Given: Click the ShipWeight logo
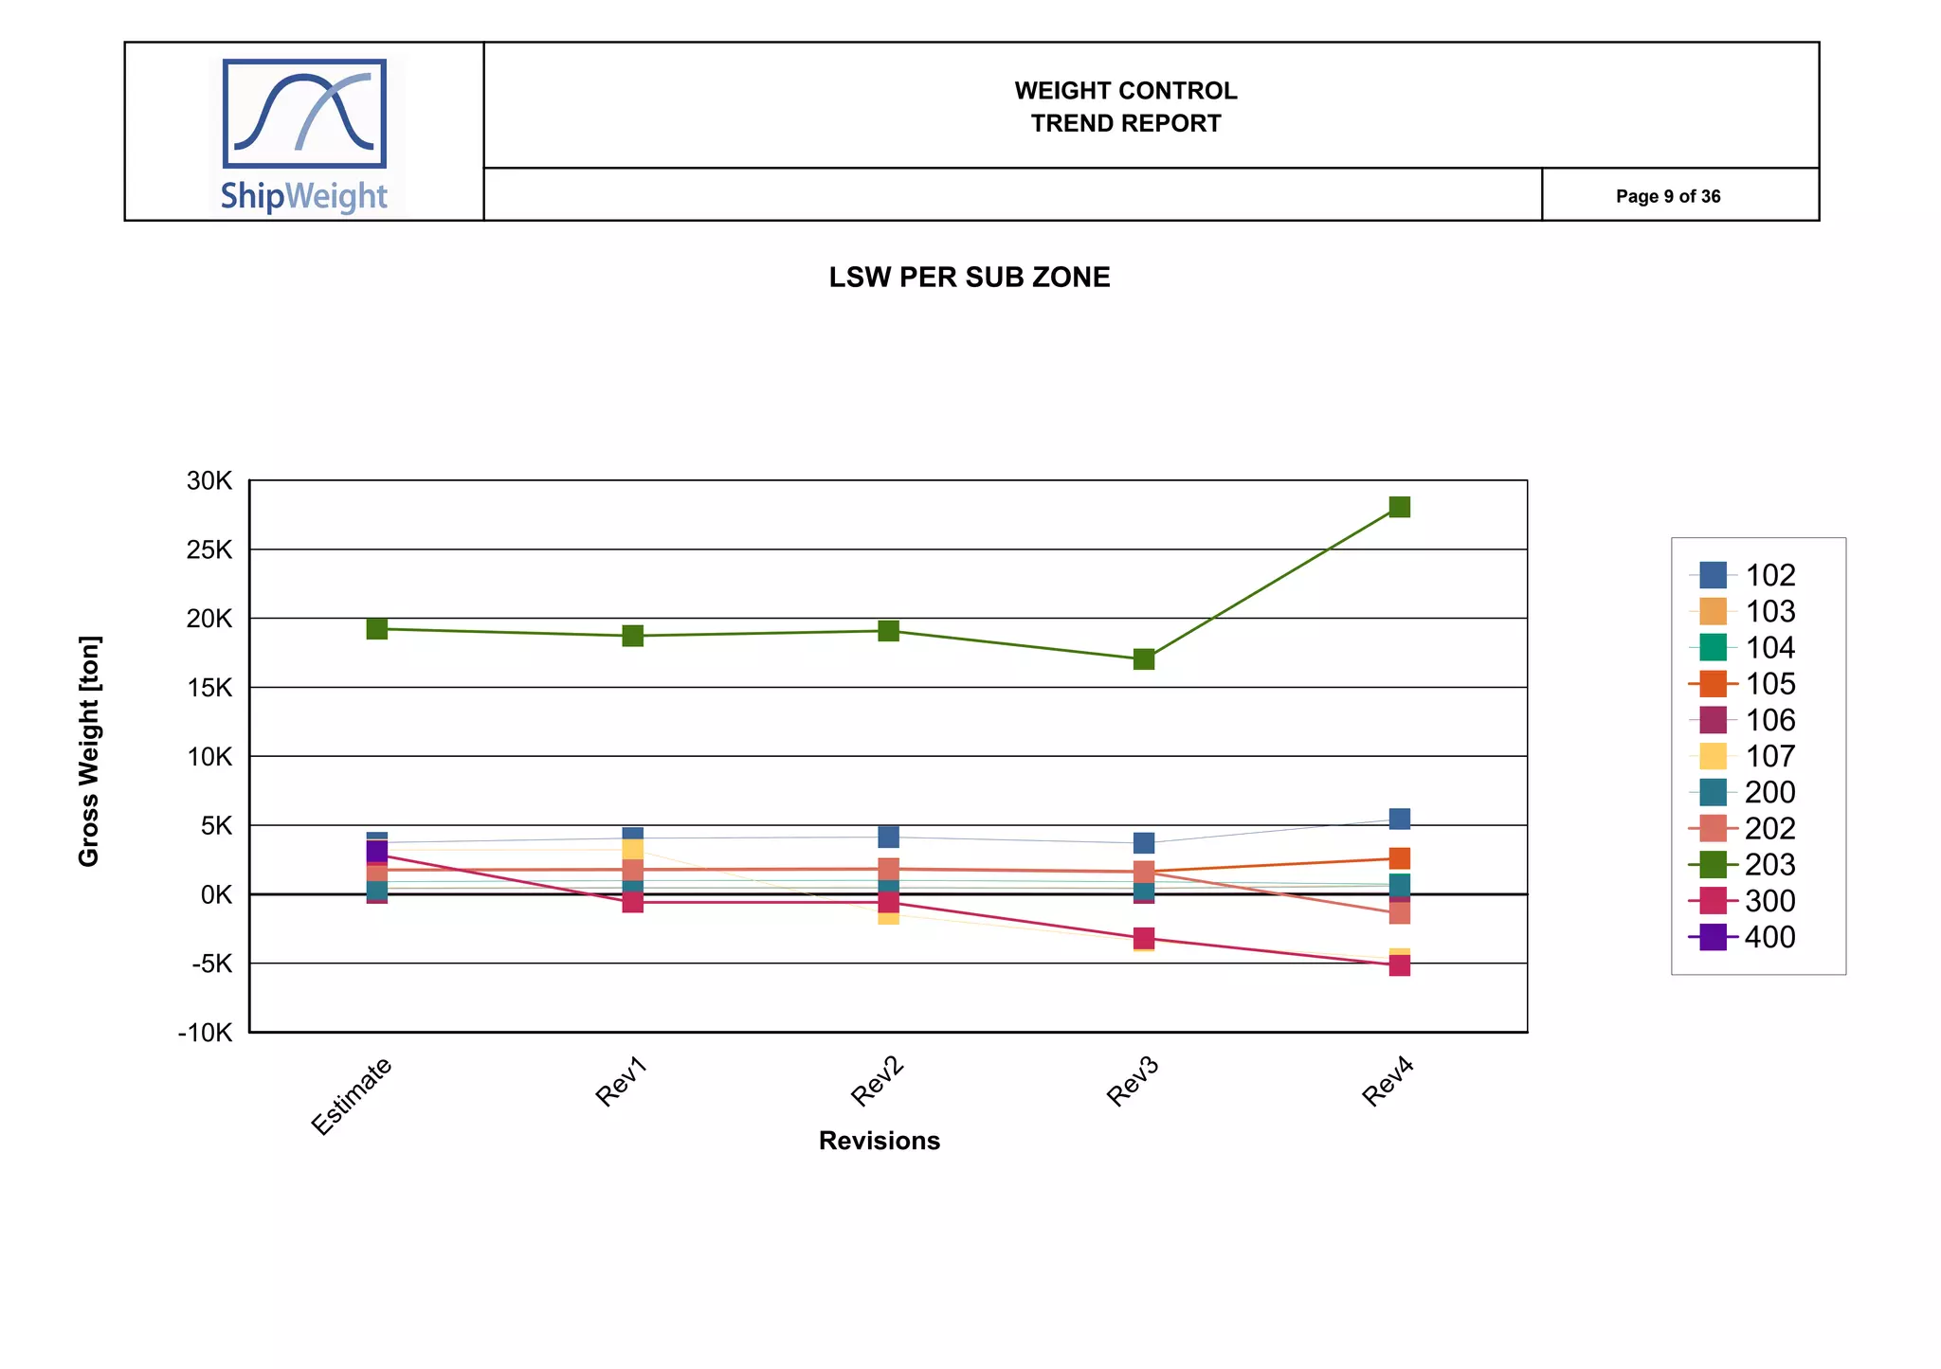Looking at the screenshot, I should (305, 135).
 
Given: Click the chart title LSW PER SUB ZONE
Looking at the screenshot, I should (969, 278).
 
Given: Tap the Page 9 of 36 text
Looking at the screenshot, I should (1667, 196).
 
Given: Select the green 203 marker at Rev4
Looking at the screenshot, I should (1399, 507).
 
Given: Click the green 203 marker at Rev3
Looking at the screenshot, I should (1144, 658).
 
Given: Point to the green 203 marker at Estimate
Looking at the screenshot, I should (376, 628).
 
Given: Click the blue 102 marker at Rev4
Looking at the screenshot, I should (1399, 818).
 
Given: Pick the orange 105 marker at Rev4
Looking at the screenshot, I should (1399, 857).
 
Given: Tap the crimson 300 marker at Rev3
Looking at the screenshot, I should (1144, 938).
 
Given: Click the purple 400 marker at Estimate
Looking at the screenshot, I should (376, 851).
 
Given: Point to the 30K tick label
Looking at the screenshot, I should (209, 480).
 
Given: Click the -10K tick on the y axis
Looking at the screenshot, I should (205, 1033).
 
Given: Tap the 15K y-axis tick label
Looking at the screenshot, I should (209, 688).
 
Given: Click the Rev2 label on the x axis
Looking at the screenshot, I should (878, 1082).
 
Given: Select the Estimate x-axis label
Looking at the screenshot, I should (352, 1095).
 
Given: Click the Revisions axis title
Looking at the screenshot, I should (879, 1141).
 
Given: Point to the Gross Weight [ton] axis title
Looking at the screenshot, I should (89, 750).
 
